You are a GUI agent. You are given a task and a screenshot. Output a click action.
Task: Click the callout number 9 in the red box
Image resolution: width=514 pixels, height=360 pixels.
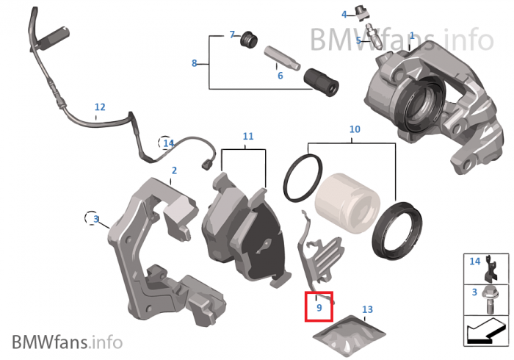click(319, 308)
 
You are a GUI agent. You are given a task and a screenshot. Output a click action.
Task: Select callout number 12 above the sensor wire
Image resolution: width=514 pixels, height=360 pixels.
click(100, 107)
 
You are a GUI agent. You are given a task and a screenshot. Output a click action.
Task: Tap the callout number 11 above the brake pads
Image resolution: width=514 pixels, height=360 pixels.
click(247, 137)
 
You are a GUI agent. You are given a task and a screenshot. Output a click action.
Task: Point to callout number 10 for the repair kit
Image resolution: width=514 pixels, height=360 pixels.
click(355, 129)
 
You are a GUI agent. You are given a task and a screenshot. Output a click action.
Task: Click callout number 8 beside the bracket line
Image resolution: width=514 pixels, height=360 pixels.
click(195, 63)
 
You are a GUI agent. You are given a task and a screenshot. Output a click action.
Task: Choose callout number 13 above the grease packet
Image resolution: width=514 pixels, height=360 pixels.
click(367, 309)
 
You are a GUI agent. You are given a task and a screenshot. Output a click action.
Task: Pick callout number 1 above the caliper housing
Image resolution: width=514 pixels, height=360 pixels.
click(412, 35)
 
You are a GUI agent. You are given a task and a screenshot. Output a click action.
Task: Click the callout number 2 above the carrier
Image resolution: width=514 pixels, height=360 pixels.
click(174, 170)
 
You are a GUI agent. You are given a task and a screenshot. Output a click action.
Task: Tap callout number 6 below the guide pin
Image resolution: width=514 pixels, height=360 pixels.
click(280, 75)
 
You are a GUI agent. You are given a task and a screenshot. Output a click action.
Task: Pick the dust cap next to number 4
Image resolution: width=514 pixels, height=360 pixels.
click(360, 12)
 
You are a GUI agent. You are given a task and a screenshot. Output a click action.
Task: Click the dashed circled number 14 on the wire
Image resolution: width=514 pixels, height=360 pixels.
click(168, 143)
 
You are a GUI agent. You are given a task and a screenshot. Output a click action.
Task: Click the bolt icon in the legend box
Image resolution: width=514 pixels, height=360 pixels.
click(488, 298)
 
